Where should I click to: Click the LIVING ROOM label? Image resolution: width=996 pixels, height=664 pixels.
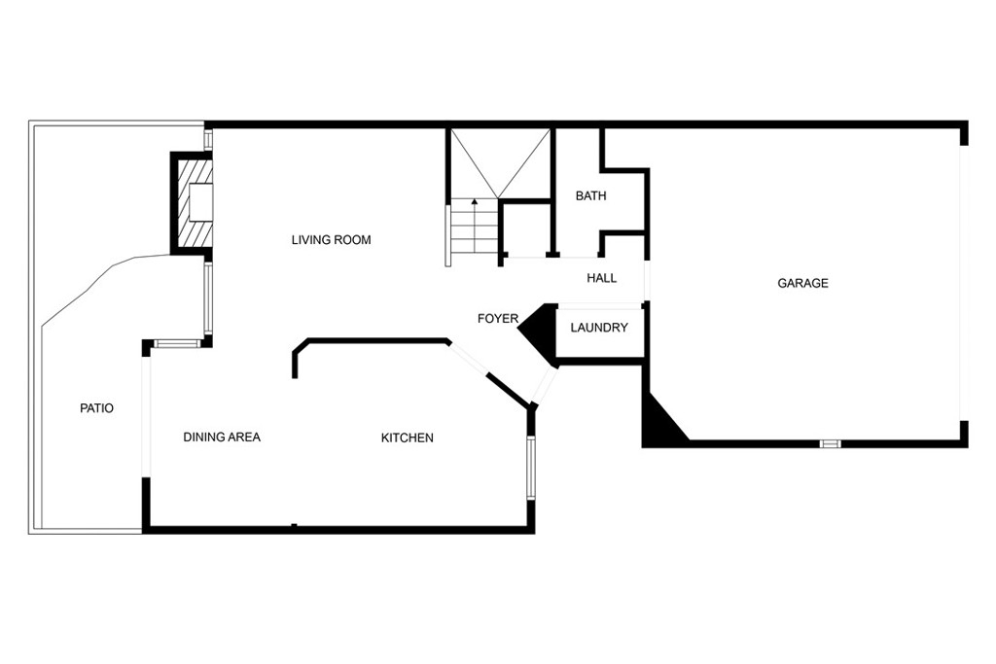tap(331, 240)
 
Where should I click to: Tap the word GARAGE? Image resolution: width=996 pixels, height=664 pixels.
tap(802, 283)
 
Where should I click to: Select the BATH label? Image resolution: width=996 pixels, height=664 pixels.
tap(590, 196)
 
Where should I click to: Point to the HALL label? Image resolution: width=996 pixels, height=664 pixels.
tap(601, 278)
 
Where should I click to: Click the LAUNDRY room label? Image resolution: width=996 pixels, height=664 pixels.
tap(599, 328)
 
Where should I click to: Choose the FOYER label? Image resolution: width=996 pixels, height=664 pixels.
tap(498, 319)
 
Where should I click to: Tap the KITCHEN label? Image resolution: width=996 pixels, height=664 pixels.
tap(408, 438)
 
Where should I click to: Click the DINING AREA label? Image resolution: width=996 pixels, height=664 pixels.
tap(222, 437)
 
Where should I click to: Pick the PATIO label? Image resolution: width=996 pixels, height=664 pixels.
tap(96, 408)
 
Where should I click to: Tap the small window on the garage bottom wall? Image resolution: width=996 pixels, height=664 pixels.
tap(830, 443)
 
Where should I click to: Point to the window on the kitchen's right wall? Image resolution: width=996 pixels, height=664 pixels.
tap(530, 467)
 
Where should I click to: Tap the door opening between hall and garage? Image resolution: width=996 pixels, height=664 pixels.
tap(646, 280)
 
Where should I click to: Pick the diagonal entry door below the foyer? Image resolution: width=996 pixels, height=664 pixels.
tap(545, 385)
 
